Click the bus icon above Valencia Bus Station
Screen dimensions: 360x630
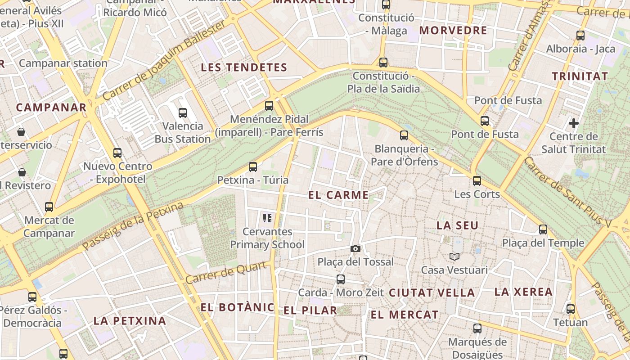pos(183,113)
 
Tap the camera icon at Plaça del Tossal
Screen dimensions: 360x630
pos(355,248)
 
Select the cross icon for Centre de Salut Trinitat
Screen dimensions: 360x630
pos(574,122)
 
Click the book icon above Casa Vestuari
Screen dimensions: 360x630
pos(454,256)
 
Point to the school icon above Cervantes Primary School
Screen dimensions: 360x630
pos(267,219)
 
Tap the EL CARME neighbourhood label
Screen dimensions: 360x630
pos(339,195)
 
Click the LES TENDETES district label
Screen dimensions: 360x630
pos(244,67)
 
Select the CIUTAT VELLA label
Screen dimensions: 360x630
pos(432,292)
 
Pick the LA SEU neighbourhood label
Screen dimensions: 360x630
pos(458,225)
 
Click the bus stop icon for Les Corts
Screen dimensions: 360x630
pos(477,181)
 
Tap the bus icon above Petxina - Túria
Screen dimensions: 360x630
pos(253,167)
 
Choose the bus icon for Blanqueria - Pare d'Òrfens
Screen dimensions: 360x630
pos(404,135)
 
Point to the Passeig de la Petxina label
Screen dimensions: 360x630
pos(133,226)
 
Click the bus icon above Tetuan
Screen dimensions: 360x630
pos(571,309)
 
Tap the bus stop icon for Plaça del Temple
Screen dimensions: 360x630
pos(543,229)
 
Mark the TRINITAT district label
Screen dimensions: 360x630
pos(580,76)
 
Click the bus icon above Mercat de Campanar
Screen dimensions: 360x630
pos(49,207)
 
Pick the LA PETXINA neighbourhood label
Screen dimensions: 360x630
pos(130,321)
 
